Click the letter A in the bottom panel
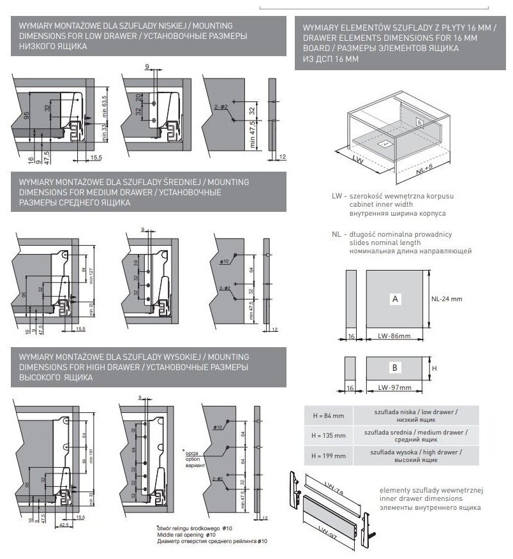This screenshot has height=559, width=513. [396, 299]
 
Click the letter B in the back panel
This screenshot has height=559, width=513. [395, 369]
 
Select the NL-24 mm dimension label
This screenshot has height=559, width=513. [446, 299]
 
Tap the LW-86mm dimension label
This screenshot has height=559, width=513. [394, 335]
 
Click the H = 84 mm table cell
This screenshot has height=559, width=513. [329, 415]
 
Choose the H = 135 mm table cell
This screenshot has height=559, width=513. [329, 435]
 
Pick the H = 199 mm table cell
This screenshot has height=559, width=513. [329, 456]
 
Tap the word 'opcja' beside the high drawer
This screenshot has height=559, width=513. [192, 452]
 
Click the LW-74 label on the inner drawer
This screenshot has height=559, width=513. [334, 488]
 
